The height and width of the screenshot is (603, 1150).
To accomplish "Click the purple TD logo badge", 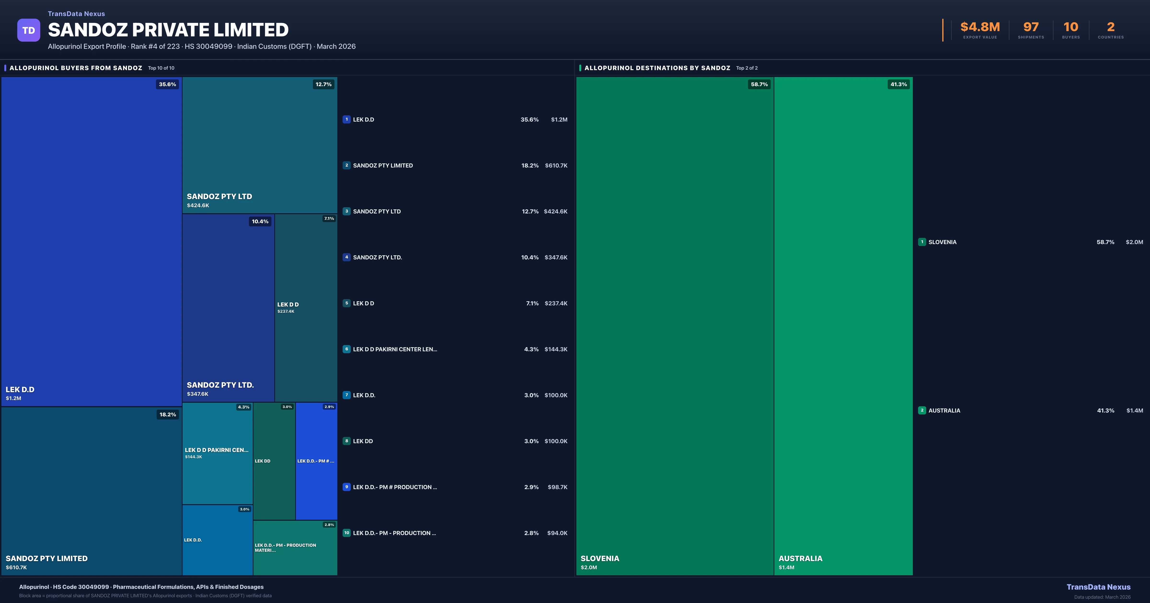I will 29,30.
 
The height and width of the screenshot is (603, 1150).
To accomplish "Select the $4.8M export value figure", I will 980,27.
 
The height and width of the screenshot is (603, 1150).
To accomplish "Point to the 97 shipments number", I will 1031,27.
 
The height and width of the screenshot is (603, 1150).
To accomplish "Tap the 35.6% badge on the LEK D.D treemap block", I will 167,84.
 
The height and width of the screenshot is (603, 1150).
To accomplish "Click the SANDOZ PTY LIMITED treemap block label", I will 46,558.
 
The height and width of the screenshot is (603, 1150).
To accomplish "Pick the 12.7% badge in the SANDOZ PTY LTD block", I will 323,84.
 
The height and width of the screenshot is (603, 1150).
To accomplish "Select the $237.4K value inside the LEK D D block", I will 286,311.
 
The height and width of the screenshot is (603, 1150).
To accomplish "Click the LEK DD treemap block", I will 274,461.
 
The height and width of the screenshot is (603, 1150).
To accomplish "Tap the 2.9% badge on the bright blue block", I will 329,407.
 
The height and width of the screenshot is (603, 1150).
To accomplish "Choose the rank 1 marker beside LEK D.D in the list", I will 346,120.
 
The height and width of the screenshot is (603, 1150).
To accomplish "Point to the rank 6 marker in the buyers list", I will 346,349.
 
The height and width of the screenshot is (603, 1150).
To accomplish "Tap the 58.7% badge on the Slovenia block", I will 759,84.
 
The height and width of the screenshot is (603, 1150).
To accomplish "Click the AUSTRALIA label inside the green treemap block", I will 800,558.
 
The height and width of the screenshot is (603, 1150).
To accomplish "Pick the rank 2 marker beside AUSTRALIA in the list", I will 922,410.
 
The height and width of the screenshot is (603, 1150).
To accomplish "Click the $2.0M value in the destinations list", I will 1134,242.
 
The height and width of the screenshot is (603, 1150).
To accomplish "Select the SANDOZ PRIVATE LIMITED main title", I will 168,30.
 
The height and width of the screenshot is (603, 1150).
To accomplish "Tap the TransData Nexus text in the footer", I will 1098,587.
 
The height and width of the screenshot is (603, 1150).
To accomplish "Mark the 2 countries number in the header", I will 1111,27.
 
